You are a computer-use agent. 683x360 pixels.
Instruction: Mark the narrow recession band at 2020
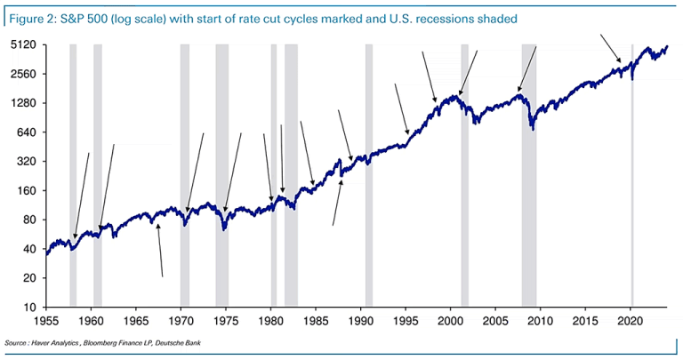(631, 178)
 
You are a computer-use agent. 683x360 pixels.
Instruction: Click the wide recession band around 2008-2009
(528, 178)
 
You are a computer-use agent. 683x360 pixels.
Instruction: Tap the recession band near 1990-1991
(368, 178)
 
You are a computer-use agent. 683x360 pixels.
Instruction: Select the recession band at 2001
(464, 178)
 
